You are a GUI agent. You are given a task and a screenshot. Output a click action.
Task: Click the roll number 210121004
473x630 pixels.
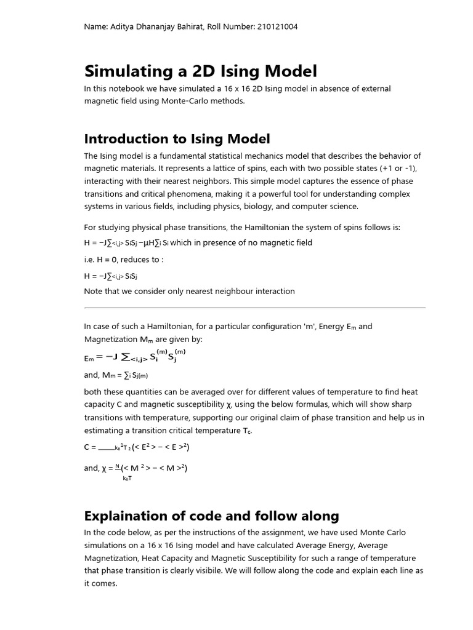[x=275, y=27]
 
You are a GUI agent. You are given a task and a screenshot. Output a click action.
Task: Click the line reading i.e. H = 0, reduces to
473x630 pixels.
[x=124, y=260]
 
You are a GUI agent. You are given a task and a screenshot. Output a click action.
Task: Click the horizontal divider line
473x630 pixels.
[x=254, y=308]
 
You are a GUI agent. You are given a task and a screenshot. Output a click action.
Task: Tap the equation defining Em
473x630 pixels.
[x=134, y=356]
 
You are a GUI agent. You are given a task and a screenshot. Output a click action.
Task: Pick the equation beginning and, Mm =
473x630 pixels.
[x=116, y=375]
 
